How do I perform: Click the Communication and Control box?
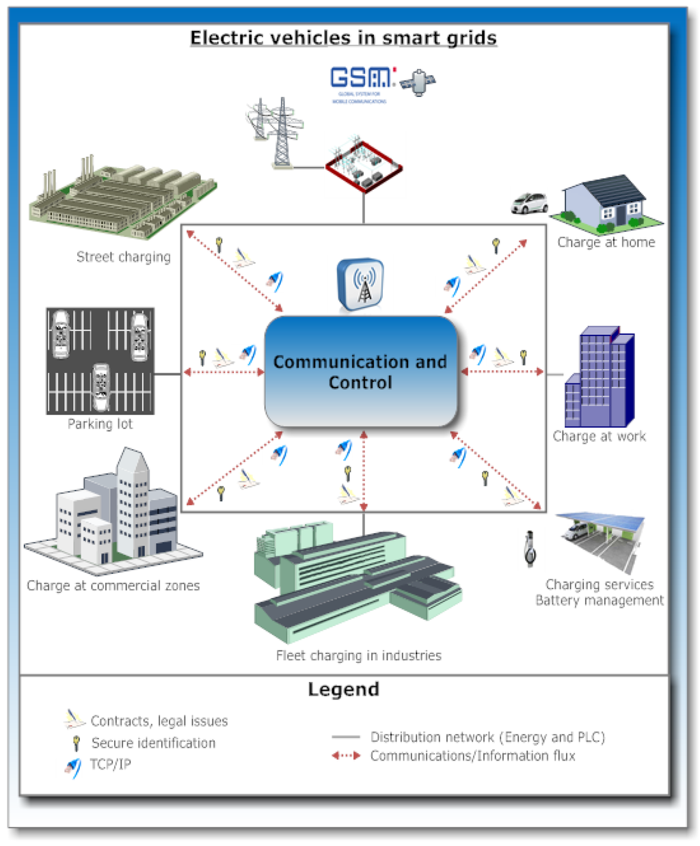(360, 372)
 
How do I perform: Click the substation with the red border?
(363, 166)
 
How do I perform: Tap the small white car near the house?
(530, 203)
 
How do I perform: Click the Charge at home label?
(606, 242)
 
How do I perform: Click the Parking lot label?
(100, 424)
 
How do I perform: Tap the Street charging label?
(123, 257)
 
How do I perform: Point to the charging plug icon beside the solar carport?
(529, 549)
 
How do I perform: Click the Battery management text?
(599, 601)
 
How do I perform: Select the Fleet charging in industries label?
(358, 655)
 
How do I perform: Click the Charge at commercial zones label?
(113, 586)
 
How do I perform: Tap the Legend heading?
(343, 689)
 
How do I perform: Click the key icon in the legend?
(77, 743)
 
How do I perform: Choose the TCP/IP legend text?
(111, 764)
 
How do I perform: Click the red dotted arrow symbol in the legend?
(346, 756)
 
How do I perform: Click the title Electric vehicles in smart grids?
(343, 38)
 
